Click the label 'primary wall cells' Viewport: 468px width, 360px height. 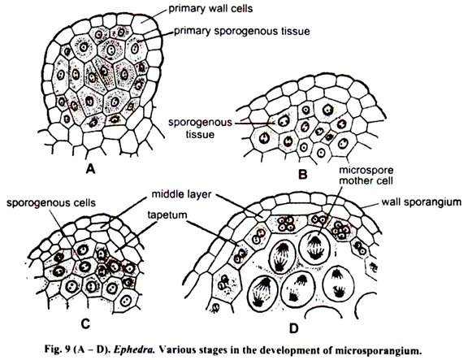(210, 9)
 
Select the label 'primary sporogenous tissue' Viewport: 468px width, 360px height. (242, 31)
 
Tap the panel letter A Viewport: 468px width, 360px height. (90, 170)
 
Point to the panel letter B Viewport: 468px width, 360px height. (303, 174)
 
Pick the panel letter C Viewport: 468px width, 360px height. (85, 324)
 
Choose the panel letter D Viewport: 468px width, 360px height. (294, 328)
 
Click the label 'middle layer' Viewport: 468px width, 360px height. (181, 194)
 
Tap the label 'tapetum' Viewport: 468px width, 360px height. (167, 215)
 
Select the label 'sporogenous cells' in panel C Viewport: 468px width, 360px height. (51, 203)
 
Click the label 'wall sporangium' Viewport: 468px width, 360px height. (422, 202)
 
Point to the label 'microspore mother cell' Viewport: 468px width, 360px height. (366, 176)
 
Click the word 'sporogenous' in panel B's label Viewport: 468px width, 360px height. (200, 123)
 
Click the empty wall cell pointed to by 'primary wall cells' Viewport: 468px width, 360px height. (144, 24)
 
